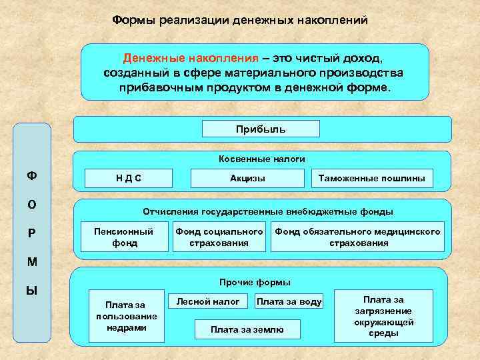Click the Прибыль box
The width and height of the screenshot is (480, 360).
261,129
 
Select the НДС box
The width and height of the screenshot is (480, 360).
128,178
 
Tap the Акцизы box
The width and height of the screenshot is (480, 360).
247,178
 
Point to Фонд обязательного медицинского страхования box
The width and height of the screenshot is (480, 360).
357,237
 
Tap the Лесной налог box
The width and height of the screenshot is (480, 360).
207,301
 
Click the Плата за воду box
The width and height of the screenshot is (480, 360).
289,302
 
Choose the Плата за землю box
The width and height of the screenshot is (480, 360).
247,329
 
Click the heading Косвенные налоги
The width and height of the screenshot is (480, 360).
261,159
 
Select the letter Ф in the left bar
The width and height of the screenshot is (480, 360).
31,176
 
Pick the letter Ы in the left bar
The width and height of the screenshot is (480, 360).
31,291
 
